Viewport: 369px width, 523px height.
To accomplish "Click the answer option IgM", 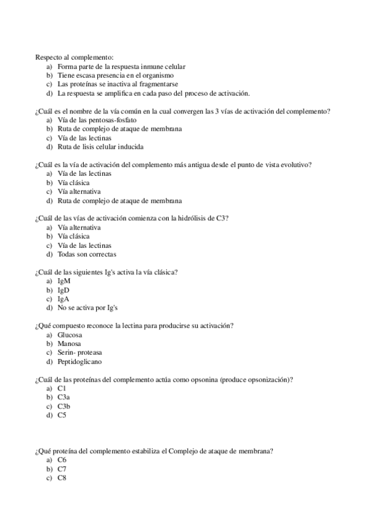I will pyautogui.click(x=63, y=281).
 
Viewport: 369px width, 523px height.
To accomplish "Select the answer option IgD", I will pyautogui.click(x=63, y=290).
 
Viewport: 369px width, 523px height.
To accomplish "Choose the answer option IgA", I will pyautogui.click(x=63, y=299).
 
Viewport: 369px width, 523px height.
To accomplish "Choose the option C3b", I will pyautogui.click(x=63, y=406).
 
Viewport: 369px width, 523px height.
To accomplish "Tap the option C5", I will pyautogui.click(x=62, y=415).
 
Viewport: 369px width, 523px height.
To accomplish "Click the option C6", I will pyautogui.click(x=62, y=460).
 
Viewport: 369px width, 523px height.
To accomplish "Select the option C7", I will pyautogui.click(x=62, y=469).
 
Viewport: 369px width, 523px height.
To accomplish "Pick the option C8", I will pyautogui.click(x=62, y=478).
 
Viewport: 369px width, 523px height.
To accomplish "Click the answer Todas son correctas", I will pyautogui.click(x=87, y=254).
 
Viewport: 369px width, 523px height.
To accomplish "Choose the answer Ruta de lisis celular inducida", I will pyautogui.click(x=100, y=147).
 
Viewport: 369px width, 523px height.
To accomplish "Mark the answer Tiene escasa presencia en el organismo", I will pyautogui.click(x=115, y=75).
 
